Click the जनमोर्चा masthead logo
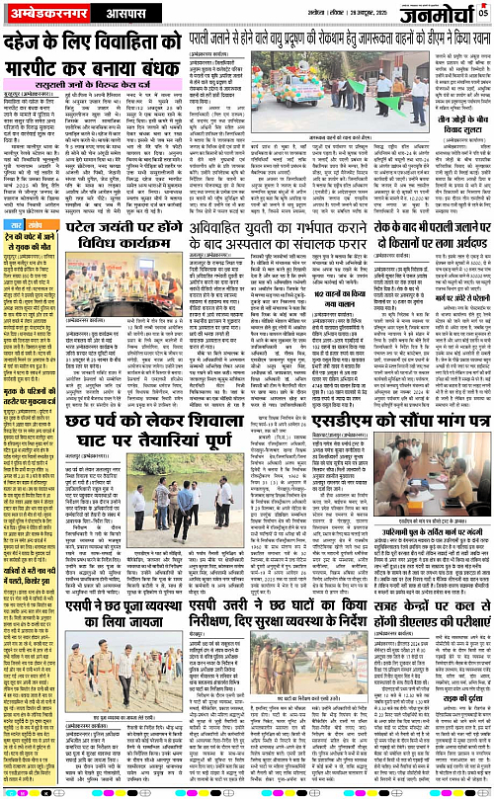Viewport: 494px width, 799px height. tap(434, 14)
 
